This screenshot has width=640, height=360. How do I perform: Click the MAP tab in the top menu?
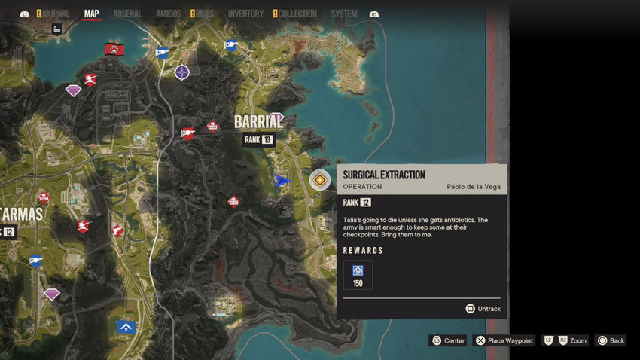click(x=91, y=14)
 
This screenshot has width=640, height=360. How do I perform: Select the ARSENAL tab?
click(x=126, y=14)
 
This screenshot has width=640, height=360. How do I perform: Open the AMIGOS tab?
click(x=168, y=14)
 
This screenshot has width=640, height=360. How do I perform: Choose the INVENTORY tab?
click(x=245, y=14)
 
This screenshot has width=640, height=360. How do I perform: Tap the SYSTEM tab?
click(x=344, y=14)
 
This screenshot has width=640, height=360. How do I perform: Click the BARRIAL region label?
click(x=258, y=122)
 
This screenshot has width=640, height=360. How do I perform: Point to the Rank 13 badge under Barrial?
click(x=258, y=139)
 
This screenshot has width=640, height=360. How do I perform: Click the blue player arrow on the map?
click(x=282, y=181)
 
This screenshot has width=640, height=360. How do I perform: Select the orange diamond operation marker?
click(x=320, y=180)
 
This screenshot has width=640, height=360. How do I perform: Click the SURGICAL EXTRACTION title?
click(x=384, y=175)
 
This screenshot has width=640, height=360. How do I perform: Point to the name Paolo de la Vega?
click(x=473, y=187)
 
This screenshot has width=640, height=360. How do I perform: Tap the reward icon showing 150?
click(x=358, y=274)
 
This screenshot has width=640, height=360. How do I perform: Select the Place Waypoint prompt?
click(x=504, y=340)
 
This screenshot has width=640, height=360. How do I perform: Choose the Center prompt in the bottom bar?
click(x=448, y=340)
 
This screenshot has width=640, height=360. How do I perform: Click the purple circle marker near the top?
click(x=182, y=72)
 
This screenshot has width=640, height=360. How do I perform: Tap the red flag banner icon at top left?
click(x=114, y=50)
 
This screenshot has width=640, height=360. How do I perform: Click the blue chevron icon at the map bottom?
click(x=126, y=327)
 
